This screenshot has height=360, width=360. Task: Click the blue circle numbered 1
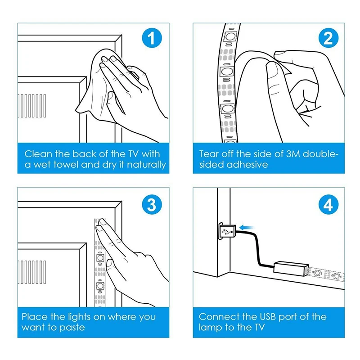(x=152, y=38)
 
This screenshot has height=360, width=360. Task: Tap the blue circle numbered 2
(x=328, y=38)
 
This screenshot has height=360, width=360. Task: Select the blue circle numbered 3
(x=152, y=204)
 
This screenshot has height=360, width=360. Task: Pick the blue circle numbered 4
(x=328, y=204)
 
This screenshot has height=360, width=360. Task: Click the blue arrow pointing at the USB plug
(x=247, y=228)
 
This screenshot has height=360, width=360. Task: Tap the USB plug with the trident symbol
(x=227, y=231)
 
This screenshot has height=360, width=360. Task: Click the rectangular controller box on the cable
(x=291, y=268)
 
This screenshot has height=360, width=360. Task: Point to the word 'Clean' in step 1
(x=39, y=154)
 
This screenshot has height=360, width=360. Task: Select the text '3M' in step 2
(x=293, y=154)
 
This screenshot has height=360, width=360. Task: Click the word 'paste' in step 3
(x=72, y=328)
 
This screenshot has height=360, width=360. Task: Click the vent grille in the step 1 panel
(x=32, y=106)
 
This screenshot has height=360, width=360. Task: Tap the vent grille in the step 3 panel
(x=32, y=272)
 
